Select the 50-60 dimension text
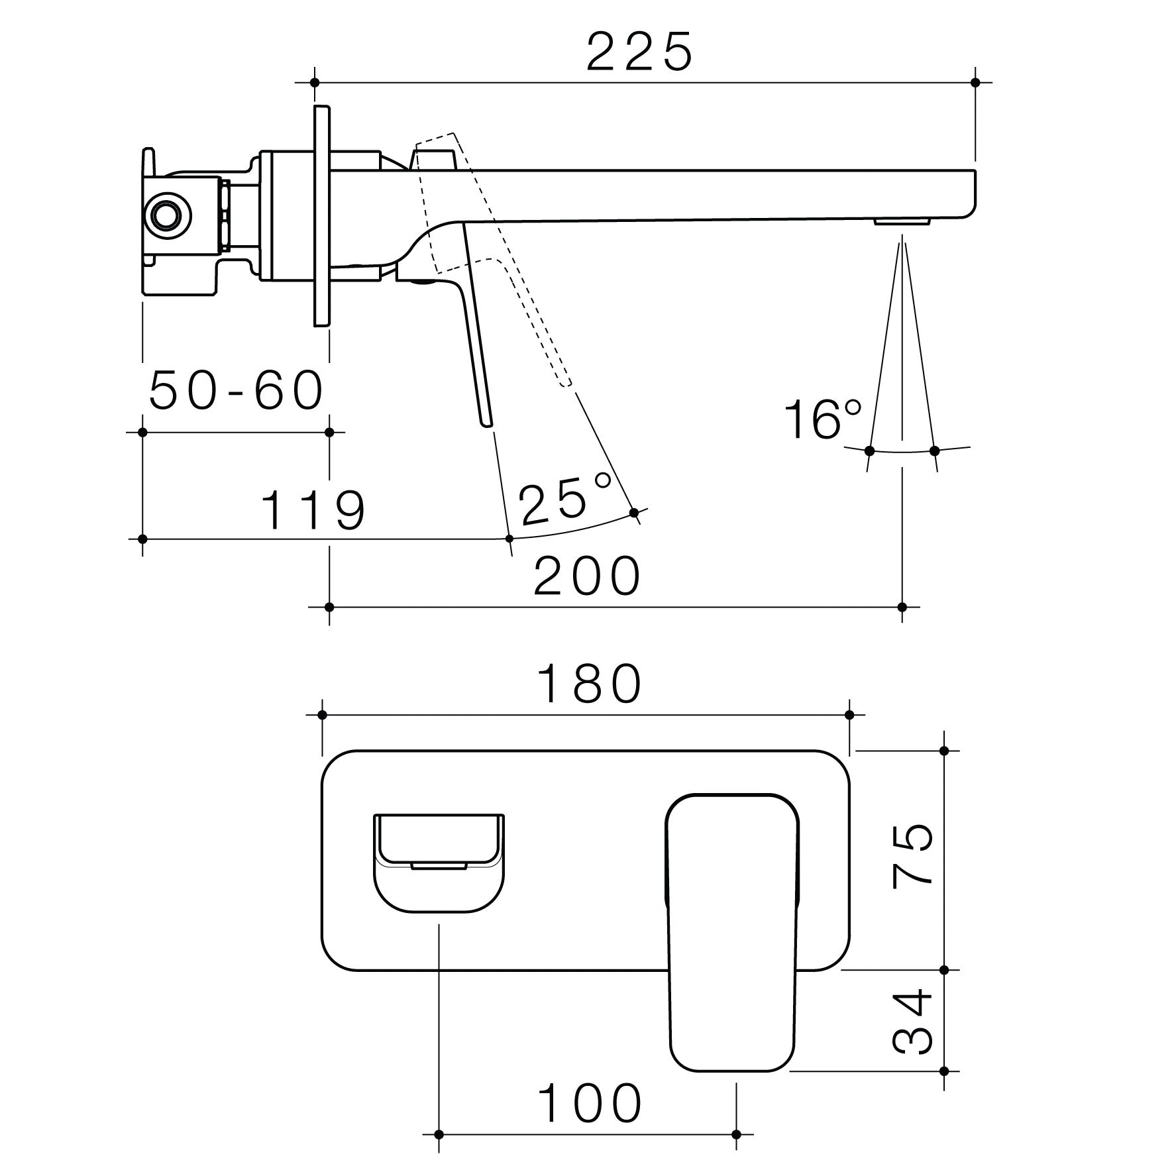tap(236, 391)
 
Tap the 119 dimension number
tap(313, 510)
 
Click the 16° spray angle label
tap(822, 420)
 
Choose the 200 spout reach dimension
tap(587, 576)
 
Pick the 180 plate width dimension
tap(589, 684)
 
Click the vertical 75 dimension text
tap(913, 855)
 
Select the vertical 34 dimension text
tap(913, 1032)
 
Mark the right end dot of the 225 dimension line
tap(975, 83)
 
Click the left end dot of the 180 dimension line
tap(323, 715)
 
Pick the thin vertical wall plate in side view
tap(322, 215)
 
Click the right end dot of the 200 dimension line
tap(902, 607)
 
